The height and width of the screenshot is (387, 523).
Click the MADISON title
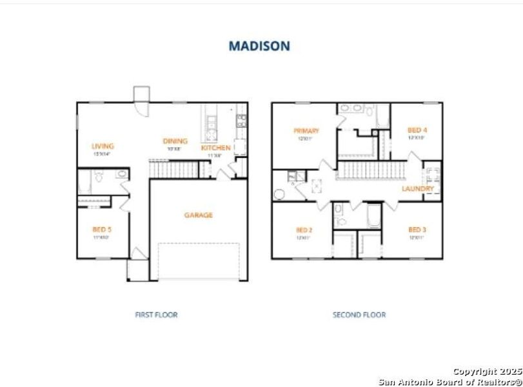(259, 46)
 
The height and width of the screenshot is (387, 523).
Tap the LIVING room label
(103, 146)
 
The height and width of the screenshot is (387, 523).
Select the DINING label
(175, 141)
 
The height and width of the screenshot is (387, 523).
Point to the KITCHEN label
(215, 148)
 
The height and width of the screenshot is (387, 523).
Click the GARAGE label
(198, 215)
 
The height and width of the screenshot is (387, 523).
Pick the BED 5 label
(101, 229)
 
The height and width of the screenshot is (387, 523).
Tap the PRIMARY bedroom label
(306, 131)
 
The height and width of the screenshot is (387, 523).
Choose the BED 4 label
(417, 130)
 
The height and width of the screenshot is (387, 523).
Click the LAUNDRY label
(418, 189)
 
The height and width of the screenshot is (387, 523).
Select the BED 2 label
(304, 230)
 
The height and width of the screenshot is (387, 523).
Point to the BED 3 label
(417, 230)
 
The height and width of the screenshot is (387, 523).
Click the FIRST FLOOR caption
(156, 315)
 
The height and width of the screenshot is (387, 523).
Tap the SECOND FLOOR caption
(359, 315)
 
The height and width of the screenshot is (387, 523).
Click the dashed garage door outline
(199, 261)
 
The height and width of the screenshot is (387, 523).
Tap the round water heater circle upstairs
(279, 194)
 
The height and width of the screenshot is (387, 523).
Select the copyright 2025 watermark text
(486, 372)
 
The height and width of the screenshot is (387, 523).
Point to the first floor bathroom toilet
(97, 176)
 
